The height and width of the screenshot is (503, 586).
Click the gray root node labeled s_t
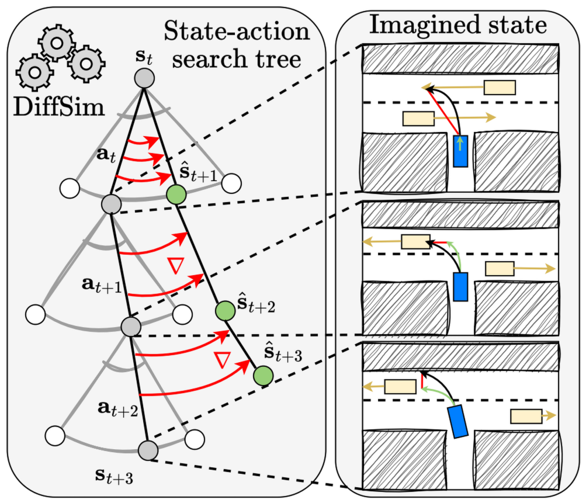pyautogui.click(x=144, y=77)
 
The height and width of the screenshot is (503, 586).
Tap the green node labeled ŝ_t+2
pyautogui.click(x=224, y=310)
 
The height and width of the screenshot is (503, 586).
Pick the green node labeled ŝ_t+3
pyautogui.click(x=263, y=376)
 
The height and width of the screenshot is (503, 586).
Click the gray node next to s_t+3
pyautogui.click(x=148, y=450)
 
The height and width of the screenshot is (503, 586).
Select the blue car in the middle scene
pyautogui.click(x=461, y=286)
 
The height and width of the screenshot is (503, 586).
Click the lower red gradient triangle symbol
pyautogui.click(x=221, y=360)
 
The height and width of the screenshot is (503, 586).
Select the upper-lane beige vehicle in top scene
pyautogui.click(x=500, y=88)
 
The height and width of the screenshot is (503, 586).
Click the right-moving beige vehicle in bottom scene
pyautogui.click(x=526, y=416)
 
